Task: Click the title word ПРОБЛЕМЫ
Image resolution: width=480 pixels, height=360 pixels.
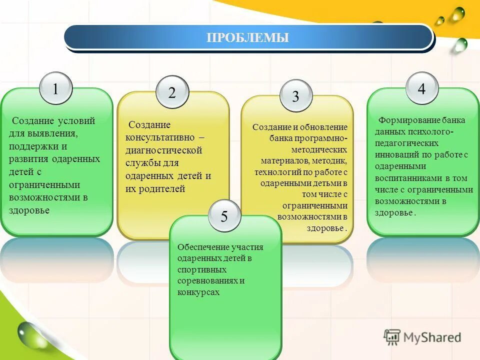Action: coord(248,37)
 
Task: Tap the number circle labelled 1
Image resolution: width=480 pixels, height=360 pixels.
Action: coord(55,89)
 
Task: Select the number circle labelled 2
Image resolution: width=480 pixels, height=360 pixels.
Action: coord(172,92)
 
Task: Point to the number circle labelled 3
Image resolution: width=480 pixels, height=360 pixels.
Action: coord(295,96)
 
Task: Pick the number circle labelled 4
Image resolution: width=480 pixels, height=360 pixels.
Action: coord(421,89)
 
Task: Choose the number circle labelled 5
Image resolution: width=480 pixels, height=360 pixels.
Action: coord(224,216)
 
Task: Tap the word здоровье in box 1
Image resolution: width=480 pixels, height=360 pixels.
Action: coord(29,210)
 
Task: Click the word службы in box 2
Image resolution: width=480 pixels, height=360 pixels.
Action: coord(141,163)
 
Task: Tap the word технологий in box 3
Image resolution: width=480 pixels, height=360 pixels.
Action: coord(276,172)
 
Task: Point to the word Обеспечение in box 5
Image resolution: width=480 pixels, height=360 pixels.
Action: coord(203,247)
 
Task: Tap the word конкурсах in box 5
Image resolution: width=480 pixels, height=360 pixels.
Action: coord(198,292)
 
